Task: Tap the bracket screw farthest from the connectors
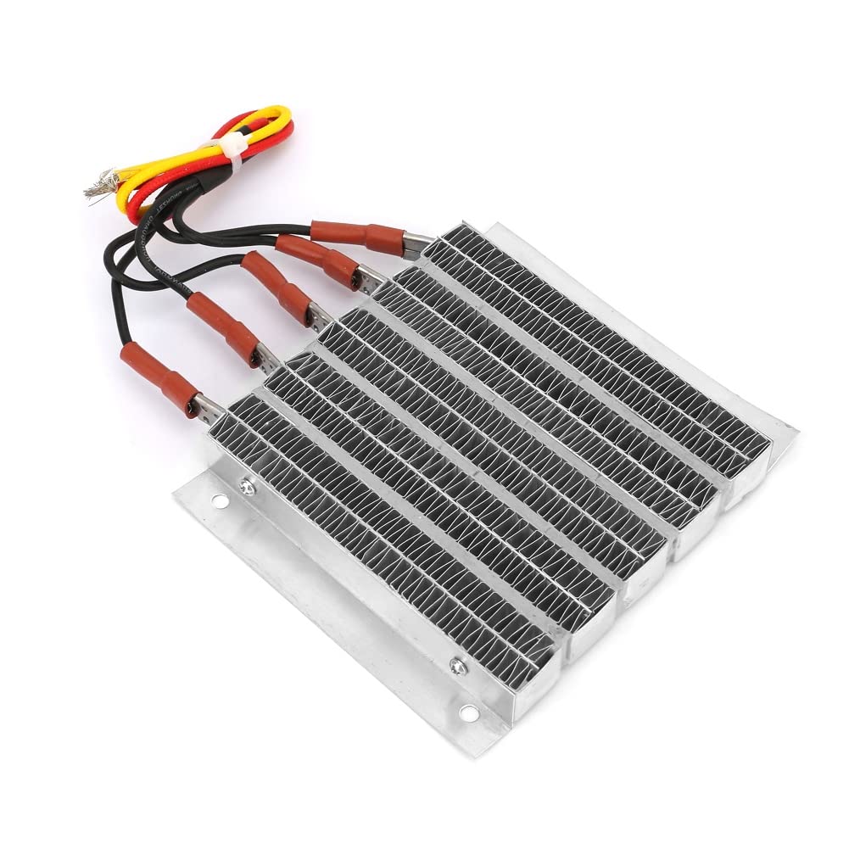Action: [458, 667]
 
